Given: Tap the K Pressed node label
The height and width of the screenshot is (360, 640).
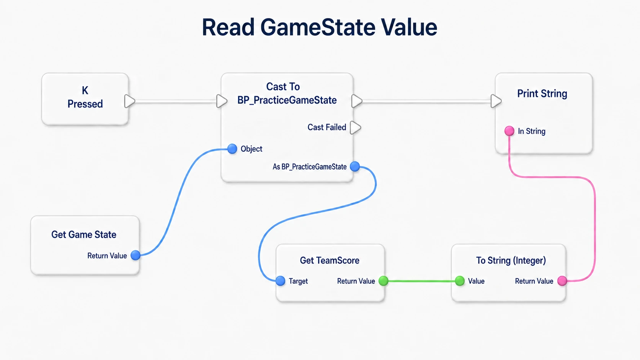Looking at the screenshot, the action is (x=85, y=97).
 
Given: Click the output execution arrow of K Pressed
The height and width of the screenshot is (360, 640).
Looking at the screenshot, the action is (x=129, y=101).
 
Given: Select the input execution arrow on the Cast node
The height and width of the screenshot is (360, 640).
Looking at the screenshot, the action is (x=222, y=101).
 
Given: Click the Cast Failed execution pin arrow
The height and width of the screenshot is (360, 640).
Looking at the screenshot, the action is (x=356, y=128).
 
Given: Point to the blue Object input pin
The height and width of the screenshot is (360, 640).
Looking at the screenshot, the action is (x=232, y=149).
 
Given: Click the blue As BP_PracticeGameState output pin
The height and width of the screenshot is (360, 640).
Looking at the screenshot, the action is (x=355, y=167).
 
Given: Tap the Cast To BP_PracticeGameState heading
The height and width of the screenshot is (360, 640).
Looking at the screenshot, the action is (x=287, y=93).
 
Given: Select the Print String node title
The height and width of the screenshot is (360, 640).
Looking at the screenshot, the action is (x=542, y=94).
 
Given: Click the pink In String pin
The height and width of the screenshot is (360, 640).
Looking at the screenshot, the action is (x=509, y=131).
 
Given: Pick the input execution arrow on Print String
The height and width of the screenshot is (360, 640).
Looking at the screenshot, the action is (x=496, y=101).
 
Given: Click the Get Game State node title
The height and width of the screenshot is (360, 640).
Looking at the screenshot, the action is (x=84, y=234).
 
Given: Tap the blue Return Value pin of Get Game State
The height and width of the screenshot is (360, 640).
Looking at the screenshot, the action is (x=136, y=255).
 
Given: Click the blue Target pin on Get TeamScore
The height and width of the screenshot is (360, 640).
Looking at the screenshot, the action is (x=280, y=281).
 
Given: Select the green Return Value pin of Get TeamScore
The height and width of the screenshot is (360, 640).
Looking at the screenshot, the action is (x=384, y=281).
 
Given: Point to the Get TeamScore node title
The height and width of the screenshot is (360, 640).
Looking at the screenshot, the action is (x=330, y=260).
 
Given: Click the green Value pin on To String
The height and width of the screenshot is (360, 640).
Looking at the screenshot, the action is (x=460, y=281).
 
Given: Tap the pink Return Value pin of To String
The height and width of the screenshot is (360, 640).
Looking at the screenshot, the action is (x=562, y=281).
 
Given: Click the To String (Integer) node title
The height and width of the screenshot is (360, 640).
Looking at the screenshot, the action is (x=511, y=260).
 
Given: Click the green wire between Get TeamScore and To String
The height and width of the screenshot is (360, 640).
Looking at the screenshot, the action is (x=422, y=281).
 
